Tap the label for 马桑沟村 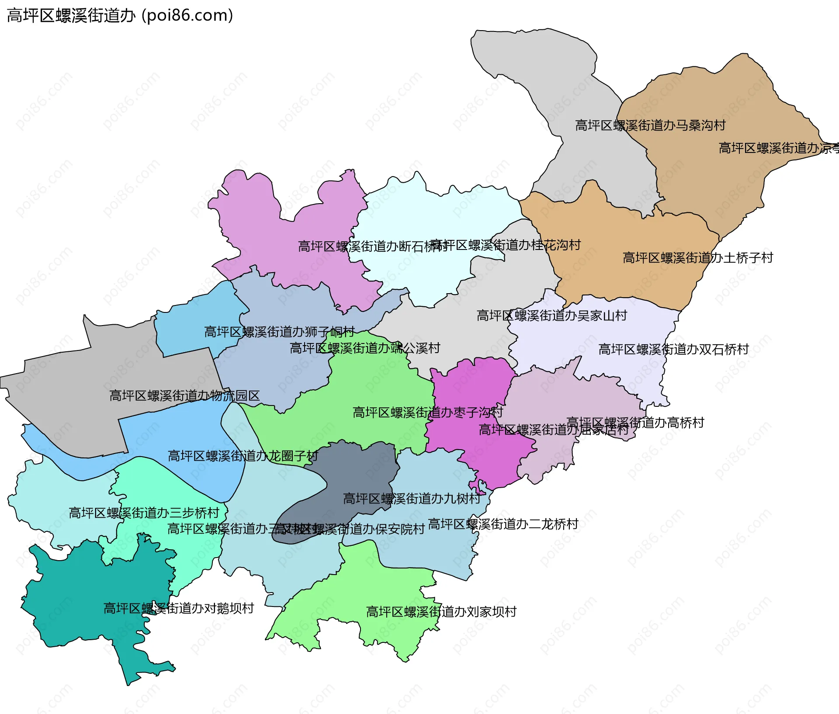[650, 125]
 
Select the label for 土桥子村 [697, 258]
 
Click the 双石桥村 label [673, 349]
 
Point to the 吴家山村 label [551, 315]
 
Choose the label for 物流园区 [184, 396]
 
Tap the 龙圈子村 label [243, 456]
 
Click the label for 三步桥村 [144, 513]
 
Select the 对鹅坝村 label [178, 608]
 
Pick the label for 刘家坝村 [441, 612]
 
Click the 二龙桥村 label [503, 524]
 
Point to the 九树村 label [412, 499]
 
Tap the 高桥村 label [635, 423]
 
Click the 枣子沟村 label [427, 412]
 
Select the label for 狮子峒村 [279, 332]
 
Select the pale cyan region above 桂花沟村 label [437, 210]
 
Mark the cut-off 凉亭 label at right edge [778, 148]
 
